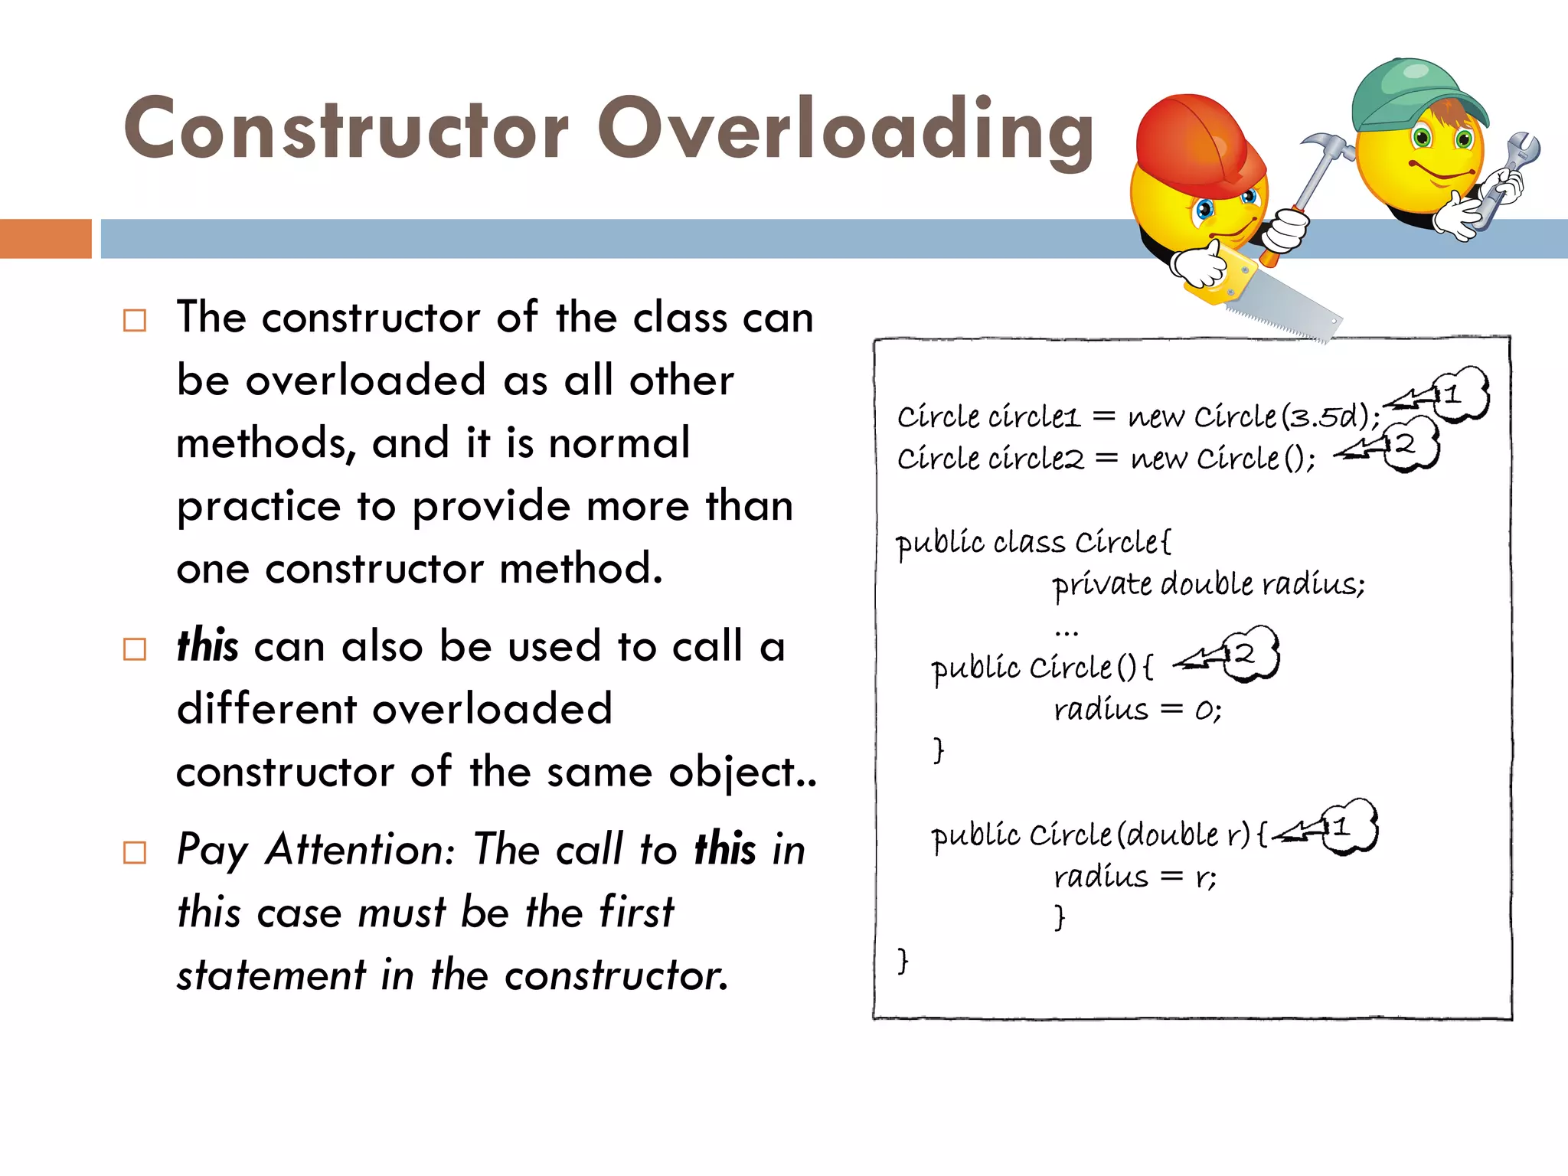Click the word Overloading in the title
[x=845, y=130]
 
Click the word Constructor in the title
[x=346, y=130]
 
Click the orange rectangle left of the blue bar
[x=45, y=238]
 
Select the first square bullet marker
[x=135, y=320]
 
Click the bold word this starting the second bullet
[x=207, y=645]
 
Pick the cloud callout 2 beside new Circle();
[x=1410, y=444]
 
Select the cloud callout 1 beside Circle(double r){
[x=1348, y=827]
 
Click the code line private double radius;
[x=1207, y=584]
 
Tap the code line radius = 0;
[x=1137, y=710]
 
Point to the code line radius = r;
[x=1135, y=876]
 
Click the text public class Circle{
[x=1033, y=542]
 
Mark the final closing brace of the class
[x=903, y=959]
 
